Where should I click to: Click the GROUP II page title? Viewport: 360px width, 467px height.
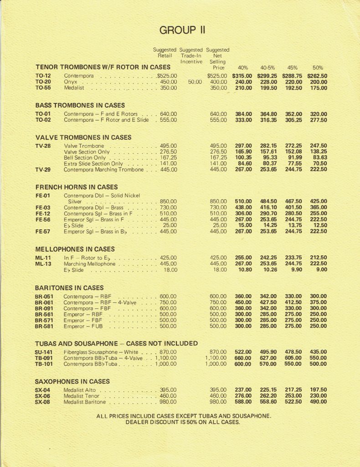coord(182,31)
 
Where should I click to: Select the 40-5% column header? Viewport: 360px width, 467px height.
coord(267,67)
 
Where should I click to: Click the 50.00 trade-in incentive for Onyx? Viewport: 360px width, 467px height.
coord(195,82)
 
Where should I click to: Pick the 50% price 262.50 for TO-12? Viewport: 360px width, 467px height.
coord(318,76)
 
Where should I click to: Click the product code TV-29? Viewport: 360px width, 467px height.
coord(43,169)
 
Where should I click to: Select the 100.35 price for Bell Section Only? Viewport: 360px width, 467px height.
coord(242,157)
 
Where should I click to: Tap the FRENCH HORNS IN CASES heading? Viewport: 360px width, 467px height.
coord(77,187)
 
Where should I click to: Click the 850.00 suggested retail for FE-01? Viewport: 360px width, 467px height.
coord(168,201)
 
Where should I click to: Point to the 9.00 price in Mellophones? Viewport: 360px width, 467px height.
coord(321,270)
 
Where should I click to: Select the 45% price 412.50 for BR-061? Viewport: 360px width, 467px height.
coord(293,302)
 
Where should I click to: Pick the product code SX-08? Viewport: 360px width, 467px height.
coord(43,402)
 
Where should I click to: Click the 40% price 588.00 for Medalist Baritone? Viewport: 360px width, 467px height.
coord(242,402)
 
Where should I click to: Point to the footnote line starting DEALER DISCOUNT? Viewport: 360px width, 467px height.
coord(183,422)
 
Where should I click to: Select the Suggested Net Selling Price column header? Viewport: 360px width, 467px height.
coord(218,58)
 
